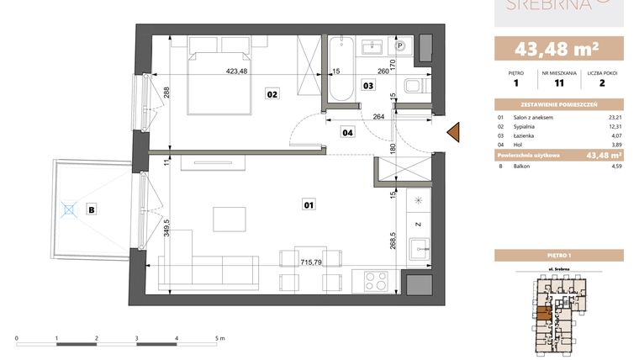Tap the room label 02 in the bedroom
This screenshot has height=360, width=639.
pos(272,94)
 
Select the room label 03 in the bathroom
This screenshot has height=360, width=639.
pos(368,85)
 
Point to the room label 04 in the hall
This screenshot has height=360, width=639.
pos(347,131)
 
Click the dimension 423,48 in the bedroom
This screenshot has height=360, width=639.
pos(240,71)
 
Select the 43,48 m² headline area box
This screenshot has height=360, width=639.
pos(558,47)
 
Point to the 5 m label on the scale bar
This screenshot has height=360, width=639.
pos(219,337)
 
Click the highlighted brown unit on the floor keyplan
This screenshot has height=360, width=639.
pos(544,315)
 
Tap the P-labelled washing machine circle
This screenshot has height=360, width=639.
pos(400,47)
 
